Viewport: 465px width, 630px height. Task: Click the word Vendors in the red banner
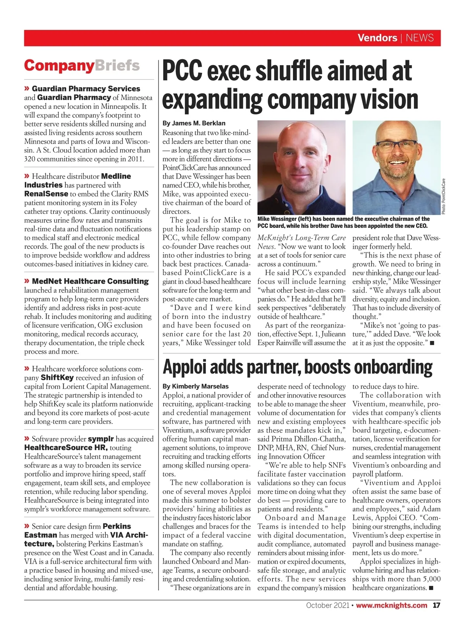coord(377,38)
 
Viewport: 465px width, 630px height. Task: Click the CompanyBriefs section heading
coord(82,65)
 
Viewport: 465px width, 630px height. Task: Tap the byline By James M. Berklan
coord(194,123)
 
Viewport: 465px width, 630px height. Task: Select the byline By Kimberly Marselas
coord(195,386)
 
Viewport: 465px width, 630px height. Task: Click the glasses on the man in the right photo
coord(396,146)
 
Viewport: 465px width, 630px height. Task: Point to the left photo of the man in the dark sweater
coord(301,167)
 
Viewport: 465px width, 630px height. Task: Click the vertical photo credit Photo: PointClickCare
coord(444,196)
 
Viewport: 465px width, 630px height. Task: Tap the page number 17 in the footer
coord(436,605)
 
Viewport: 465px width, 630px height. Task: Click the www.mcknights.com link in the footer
coord(391,605)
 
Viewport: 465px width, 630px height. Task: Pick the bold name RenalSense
coord(46,194)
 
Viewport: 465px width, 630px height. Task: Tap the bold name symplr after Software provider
coord(101,439)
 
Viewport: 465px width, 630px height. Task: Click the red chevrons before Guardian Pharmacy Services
coord(27,89)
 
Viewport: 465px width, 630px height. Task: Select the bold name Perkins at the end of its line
coord(117,526)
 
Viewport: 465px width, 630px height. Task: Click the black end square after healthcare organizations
coord(432,588)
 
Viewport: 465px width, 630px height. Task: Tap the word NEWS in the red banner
coord(420,38)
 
